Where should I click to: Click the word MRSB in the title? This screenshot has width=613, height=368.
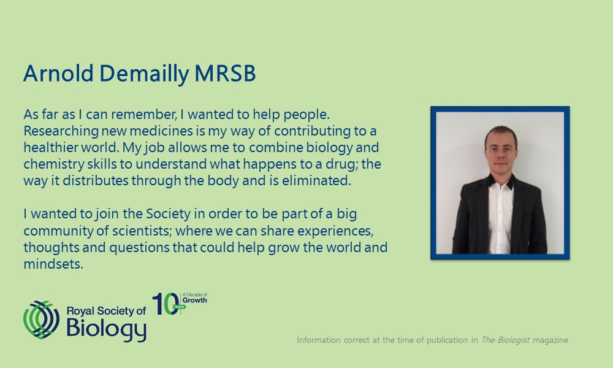pos(225,73)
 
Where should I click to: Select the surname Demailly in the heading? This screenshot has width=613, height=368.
pos(144,74)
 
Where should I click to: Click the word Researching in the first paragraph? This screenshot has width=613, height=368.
pos(61,131)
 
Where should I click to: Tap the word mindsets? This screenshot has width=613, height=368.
pos(53,264)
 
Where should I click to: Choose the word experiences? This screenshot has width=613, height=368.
pos(335,231)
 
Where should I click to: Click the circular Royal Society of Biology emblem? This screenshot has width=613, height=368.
pos(42,320)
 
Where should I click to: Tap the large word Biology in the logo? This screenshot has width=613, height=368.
pos(106,329)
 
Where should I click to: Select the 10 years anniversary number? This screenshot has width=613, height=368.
pos(166,304)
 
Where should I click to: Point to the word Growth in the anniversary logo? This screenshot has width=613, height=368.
pos(195,301)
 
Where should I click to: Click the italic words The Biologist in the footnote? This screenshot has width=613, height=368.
pos(505,340)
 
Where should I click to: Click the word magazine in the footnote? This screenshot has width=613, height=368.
pos(550,340)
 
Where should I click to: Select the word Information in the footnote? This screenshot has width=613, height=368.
pos(319,340)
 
